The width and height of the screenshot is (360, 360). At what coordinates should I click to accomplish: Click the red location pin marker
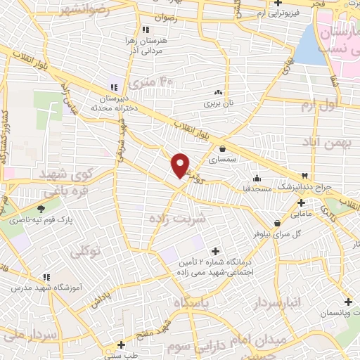(x=181, y=165)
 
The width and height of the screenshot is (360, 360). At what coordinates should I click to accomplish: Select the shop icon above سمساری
(x=222, y=148)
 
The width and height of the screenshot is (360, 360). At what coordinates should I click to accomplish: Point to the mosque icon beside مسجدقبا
(x=257, y=177)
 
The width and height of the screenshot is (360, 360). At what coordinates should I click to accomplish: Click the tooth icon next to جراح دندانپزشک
(x=304, y=176)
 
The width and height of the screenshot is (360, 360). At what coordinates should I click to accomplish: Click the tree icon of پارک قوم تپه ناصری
(x=41, y=209)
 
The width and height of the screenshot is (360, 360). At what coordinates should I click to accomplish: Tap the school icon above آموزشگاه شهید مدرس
(x=47, y=278)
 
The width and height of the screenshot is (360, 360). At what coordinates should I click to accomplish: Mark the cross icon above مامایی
(x=300, y=202)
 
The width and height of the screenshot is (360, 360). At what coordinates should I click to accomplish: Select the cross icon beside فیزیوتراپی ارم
(x=278, y=4)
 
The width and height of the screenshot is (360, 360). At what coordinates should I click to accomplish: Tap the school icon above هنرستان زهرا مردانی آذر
(x=146, y=30)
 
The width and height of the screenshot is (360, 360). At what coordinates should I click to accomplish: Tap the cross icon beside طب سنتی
(x=122, y=345)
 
